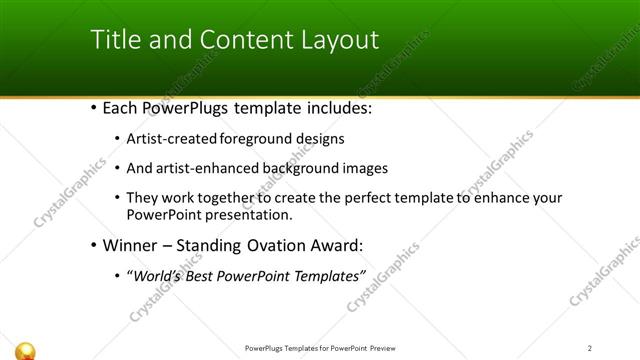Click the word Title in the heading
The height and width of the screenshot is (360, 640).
coord(115,40)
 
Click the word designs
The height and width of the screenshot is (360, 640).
coord(319,139)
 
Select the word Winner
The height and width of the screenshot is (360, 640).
coord(132,245)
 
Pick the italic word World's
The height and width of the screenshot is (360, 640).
coord(160,276)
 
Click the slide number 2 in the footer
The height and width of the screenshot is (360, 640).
coord(589,348)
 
